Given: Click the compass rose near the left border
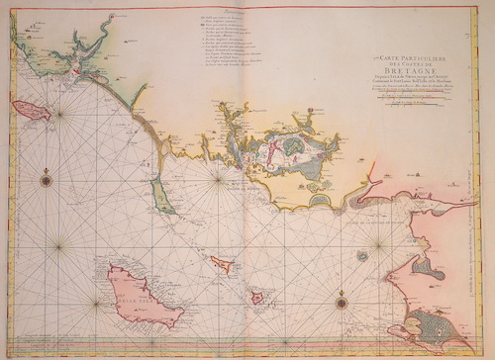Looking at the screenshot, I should pos(47,179).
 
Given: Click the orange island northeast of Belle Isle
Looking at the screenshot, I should pos(223,265).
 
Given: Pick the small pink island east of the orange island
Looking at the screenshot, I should pos(257,296).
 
